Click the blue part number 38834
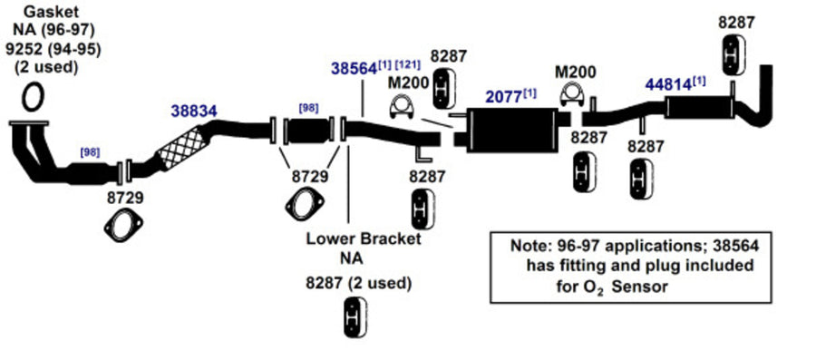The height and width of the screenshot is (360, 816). coord(194,111)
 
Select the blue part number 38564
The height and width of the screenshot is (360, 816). coord(354,69)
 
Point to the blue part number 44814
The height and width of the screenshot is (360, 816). coord(668,84)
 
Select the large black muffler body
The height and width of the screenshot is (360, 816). coord(511,130)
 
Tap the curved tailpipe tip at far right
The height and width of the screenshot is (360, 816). coord(765,99)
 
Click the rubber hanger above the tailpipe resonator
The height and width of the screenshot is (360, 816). coord(733,54)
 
